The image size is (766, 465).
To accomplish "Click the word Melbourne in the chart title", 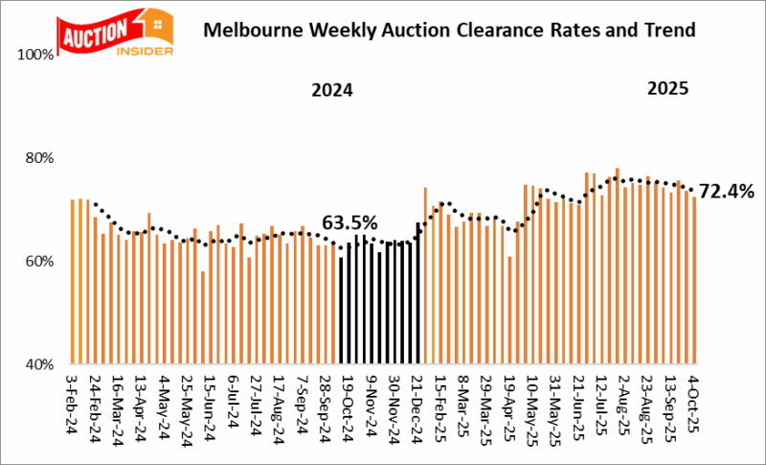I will pyautogui.click(x=250, y=30).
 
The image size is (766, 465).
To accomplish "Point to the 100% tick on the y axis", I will pyautogui.click(x=35, y=55).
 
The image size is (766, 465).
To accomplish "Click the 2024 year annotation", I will pyautogui.click(x=332, y=92).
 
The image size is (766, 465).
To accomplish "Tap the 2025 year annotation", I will pyautogui.click(x=667, y=89).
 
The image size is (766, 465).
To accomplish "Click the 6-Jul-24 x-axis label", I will pyautogui.click(x=233, y=403).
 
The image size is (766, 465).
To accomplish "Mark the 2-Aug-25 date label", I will pyautogui.click(x=623, y=403).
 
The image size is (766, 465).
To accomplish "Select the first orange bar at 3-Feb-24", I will pyautogui.click(x=73, y=282).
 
